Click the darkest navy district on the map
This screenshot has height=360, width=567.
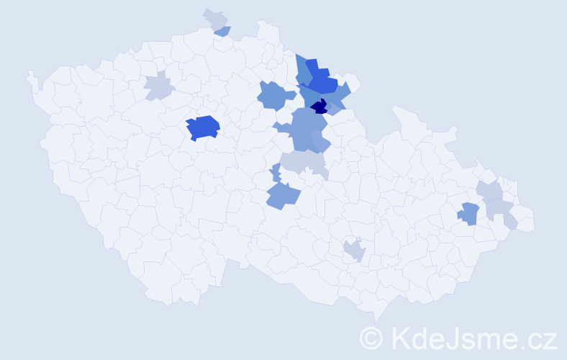tap(319, 107)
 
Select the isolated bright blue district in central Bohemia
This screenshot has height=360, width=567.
tap(203, 127)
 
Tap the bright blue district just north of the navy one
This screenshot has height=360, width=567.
tap(322, 80)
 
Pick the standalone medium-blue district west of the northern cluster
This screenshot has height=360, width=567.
tap(276, 95)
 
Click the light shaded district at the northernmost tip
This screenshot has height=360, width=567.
tap(215, 19)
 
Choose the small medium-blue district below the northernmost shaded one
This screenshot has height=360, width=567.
tap(223, 31)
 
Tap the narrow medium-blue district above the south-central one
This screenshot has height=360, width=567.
tap(276, 173)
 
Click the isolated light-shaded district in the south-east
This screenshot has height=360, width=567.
tap(354, 251)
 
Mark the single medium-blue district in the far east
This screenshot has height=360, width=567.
tap(469, 213)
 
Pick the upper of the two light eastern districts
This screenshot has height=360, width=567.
tap(491, 191)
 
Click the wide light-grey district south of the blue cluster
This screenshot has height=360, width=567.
tap(302, 163)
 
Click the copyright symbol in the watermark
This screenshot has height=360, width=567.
tap(371, 338)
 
